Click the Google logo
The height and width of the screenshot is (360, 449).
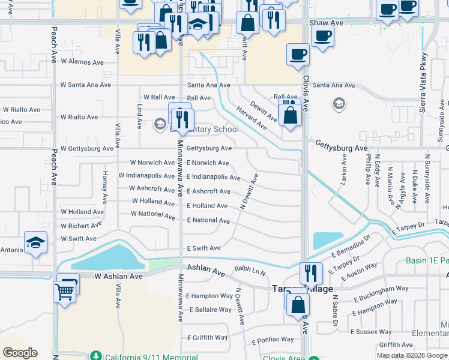(x=20, y=353)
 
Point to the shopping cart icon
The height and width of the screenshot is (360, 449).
(x=65, y=292)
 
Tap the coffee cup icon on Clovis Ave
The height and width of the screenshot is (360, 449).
(x=298, y=55)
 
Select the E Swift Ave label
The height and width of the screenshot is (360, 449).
(x=203, y=248)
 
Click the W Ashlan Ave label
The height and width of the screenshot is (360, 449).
(x=119, y=277)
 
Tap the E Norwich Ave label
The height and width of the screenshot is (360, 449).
(x=207, y=163)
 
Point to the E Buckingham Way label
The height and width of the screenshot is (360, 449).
(x=381, y=289)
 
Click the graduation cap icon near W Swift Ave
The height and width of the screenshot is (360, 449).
(x=35, y=242)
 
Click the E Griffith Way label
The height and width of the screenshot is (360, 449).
(x=206, y=338)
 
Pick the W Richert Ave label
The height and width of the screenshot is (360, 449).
(x=82, y=226)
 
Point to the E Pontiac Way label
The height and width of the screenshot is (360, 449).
(x=273, y=340)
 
